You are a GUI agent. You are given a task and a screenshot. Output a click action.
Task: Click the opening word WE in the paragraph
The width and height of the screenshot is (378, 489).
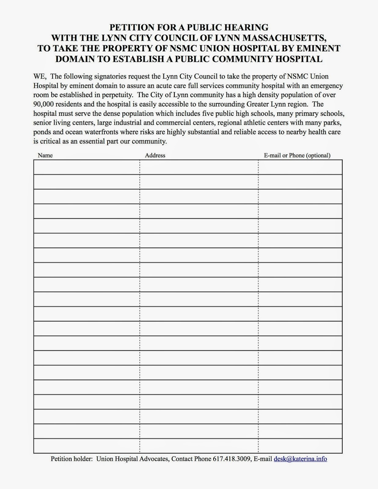click(x=39, y=76)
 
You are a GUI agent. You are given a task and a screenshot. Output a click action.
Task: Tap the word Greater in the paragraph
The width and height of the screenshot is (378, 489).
click(x=257, y=104)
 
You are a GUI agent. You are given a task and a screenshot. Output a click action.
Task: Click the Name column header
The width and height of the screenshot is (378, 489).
click(x=45, y=155)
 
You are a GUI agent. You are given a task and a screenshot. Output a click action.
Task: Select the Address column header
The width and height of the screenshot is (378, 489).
click(x=155, y=155)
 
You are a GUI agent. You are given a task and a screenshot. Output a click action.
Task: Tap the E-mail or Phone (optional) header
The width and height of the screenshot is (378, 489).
click(x=297, y=155)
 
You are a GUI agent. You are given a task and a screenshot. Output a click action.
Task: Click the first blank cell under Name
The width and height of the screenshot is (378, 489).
click(x=86, y=167)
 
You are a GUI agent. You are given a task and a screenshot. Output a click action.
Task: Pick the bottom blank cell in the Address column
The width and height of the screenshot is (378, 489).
click(x=199, y=446)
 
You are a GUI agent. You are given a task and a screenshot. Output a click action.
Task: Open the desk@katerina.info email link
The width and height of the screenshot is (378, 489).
click(x=300, y=459)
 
